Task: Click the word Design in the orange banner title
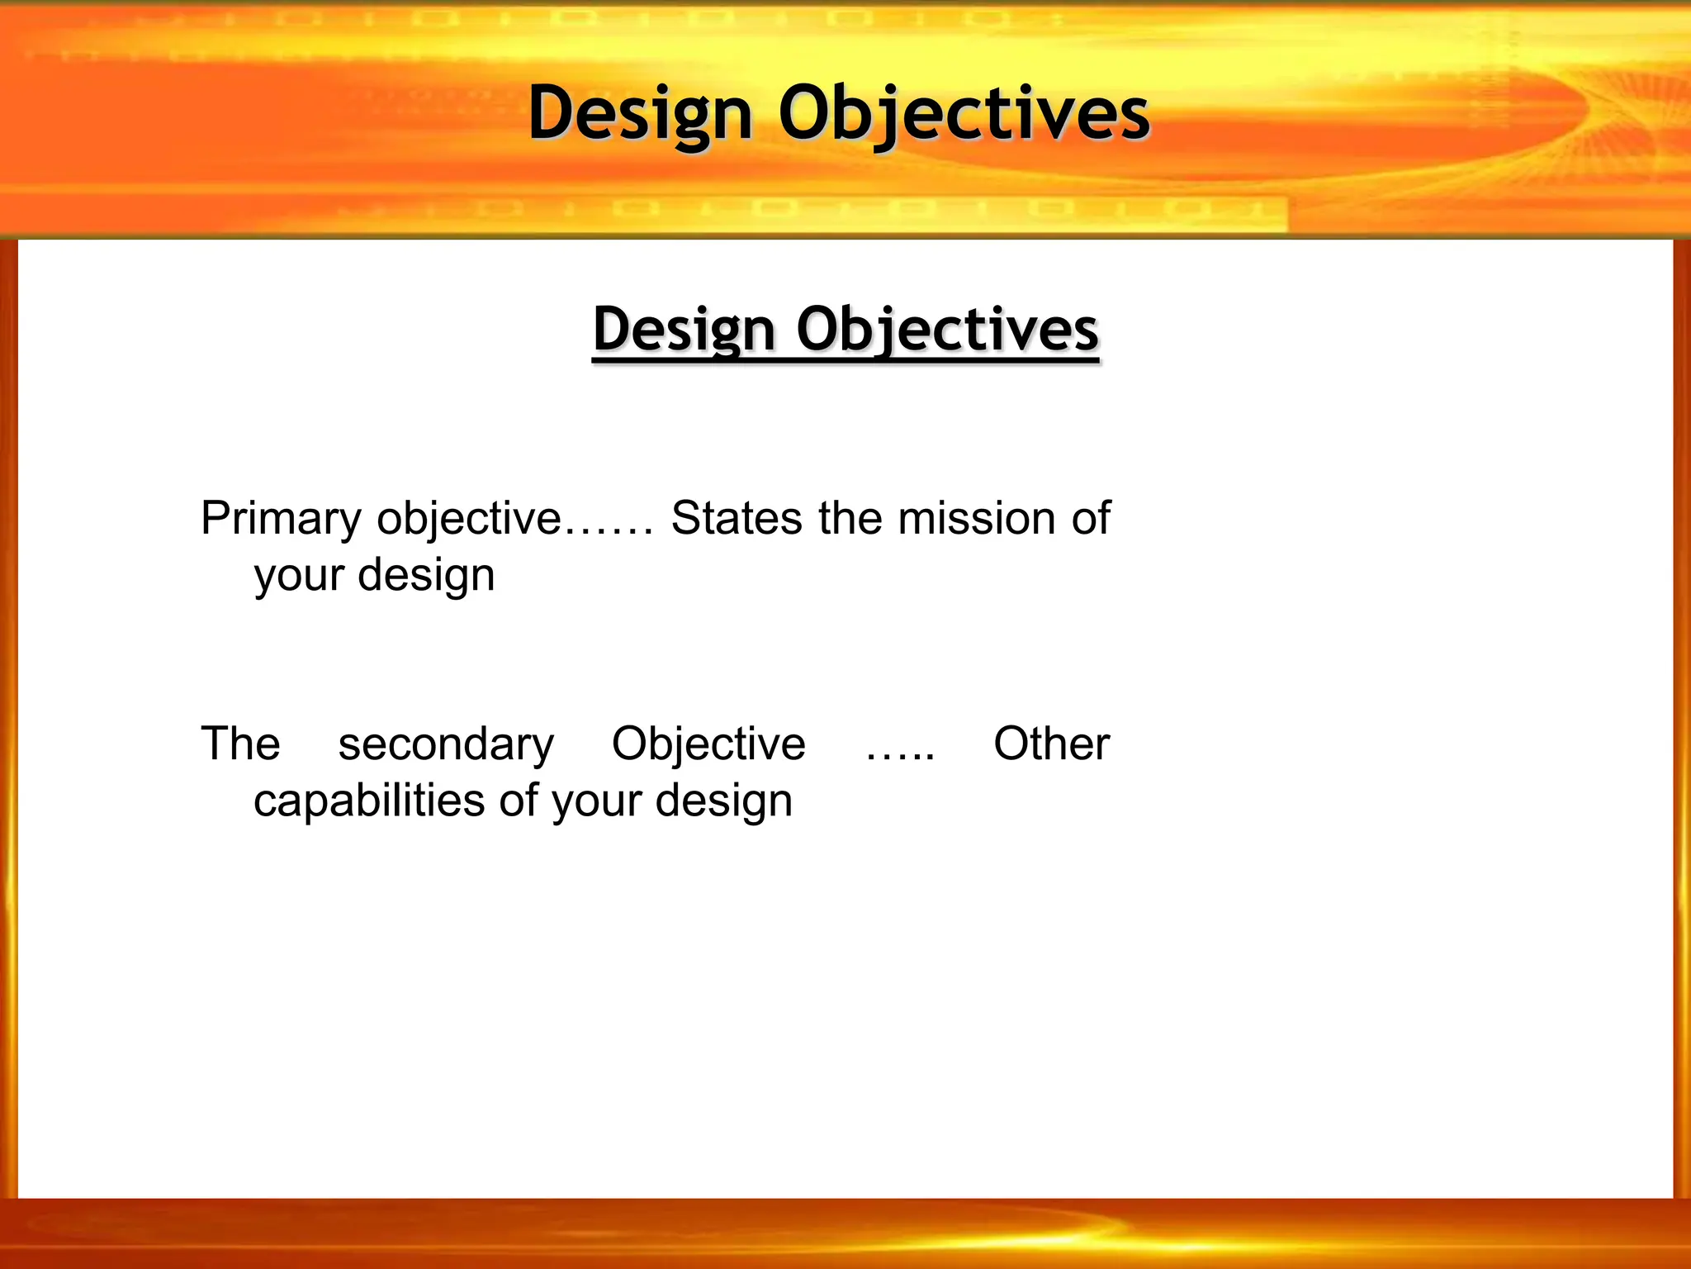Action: (640, 113)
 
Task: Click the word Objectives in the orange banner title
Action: (964, 113)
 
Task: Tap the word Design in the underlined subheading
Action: (684, 329)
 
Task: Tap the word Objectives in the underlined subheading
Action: (947, 329)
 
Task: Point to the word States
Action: (737, 519)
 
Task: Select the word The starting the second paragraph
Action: (240, 744)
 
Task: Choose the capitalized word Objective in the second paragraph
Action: (708, 744)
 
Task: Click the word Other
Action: (1051, 744)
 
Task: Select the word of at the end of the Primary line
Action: (1091, 519)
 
